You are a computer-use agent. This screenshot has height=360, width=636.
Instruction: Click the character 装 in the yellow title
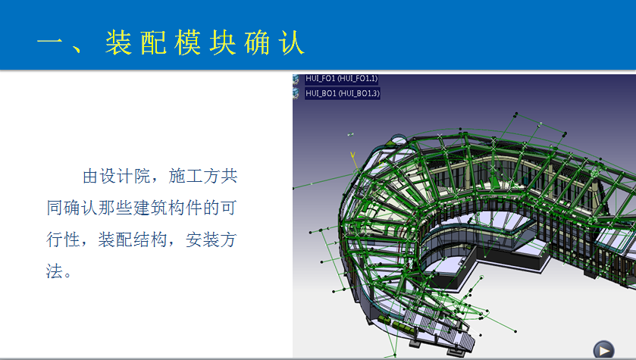point(118,42)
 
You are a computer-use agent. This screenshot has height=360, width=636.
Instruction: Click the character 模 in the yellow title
point(188,42)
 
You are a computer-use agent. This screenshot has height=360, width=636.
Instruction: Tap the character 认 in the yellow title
point(291,42)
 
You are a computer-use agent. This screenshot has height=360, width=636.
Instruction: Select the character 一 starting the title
point(49,42)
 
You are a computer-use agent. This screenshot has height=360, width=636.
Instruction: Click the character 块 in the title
point(223,42)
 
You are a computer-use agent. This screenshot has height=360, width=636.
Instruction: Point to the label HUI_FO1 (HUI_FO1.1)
point(341,79)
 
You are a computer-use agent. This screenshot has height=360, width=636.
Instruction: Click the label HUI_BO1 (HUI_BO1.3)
point(343,93)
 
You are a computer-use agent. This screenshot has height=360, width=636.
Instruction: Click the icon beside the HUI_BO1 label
point(296,93)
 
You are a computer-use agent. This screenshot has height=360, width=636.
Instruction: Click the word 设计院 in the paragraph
point(125,177)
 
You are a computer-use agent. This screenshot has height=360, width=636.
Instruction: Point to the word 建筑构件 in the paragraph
point(168,208)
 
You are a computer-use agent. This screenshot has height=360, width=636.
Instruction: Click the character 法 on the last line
point(55,271)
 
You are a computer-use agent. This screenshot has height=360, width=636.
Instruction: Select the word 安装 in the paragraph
point(202,239)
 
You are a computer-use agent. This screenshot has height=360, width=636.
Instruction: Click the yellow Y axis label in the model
point(352,155)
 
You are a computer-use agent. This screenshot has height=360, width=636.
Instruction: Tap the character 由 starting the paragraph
point(91,177)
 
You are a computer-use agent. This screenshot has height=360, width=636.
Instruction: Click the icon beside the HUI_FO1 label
point(296,79)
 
